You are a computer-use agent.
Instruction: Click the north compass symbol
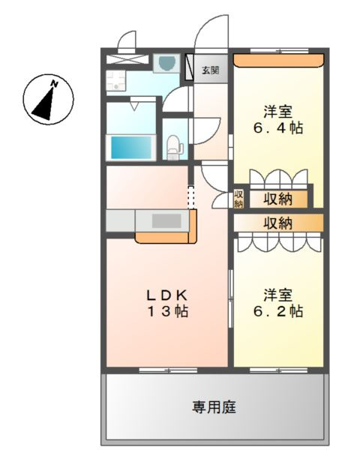pyautogui.click(x=49, y=99)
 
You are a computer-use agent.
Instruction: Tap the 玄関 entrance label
pyautogui.click(x=211, y=70)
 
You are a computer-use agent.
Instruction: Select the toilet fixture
pyautogui.click(x=173, y=144)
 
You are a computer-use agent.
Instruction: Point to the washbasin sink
pyautogui.click(x=166, y=63)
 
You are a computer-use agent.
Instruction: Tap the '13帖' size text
pyautogui.click(x=166, y=310)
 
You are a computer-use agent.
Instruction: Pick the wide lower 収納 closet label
pyautogui.click(x=277, y=223)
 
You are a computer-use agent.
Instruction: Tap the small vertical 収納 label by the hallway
pyautogui.click(x=238, y=199)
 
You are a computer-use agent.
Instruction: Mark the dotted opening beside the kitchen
pyautogui.click(x=190, y=196)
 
